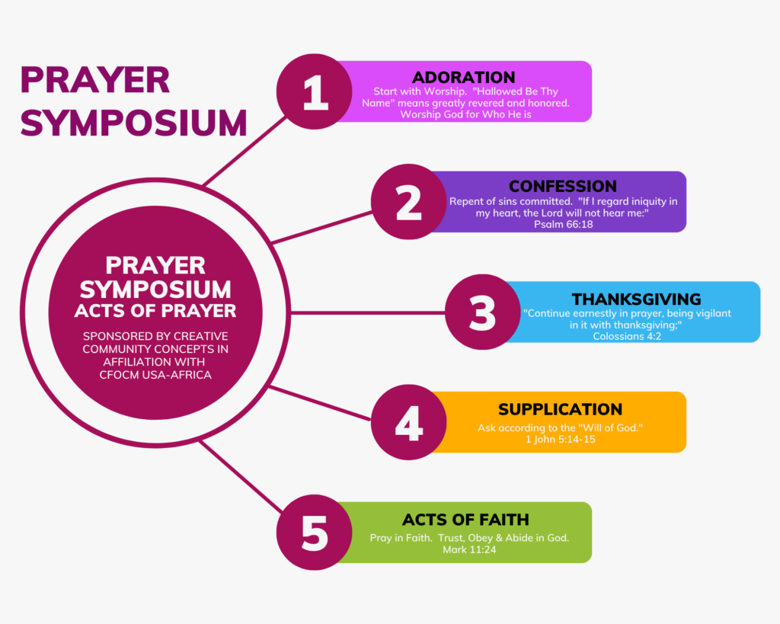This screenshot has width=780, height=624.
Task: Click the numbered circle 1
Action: (x=315, y=91)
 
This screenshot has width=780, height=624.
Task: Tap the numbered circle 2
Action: (x=408, y=202)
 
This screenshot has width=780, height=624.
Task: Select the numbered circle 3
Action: (x=482, y=312)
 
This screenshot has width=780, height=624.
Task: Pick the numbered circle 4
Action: (x=408, y=422)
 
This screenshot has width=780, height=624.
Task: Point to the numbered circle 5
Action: (x=315, y=533)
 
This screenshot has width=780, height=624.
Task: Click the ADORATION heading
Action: (x=464, y=77)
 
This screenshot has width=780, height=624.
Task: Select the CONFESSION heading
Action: (x=563, y=186)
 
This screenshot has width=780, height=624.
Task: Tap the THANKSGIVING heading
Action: (x=636, y=299)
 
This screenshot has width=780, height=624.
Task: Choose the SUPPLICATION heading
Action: (x=560, y=409)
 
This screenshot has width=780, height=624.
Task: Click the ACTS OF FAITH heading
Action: (x=465, y=520)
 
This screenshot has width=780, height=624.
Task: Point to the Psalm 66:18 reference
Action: (x=563, y=225)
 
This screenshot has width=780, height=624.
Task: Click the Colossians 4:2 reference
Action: (x=627, y=337)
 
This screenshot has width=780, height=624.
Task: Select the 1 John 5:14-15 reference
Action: (x=560, y=440)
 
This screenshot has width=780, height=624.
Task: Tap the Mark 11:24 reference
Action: (x=469, y=550)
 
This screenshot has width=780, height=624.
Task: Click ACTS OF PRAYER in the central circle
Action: (x=155, y=311)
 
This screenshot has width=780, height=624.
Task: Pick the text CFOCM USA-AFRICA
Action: (x=155, y=375)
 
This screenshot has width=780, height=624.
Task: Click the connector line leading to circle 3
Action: (x=368, y=312)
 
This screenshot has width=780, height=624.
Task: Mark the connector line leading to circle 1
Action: (x=245, y=151)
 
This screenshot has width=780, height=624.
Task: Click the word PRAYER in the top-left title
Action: (x=95, y=80)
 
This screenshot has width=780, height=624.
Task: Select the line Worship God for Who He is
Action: (x=465, y=114)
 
